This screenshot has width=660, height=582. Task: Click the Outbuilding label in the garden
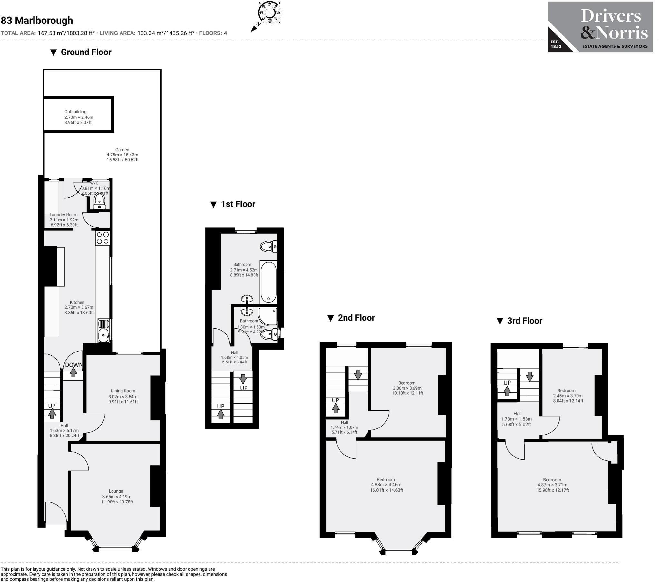coord(75,112)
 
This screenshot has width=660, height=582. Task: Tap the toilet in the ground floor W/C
coord(99,201)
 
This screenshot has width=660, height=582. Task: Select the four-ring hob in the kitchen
coord(103,238)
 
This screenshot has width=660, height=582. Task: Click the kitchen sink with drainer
coord(104,330)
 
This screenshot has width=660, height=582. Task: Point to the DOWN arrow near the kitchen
coord(73,372)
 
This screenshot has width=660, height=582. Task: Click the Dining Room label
coord(123,391)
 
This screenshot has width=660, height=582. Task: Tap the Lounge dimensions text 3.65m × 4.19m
coord(117,497)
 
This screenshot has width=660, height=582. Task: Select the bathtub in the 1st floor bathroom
coord(268,282)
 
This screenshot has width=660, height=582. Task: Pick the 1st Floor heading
coord(238,204)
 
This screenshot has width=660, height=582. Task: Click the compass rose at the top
coord(269,13)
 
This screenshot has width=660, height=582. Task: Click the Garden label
coord(122,150)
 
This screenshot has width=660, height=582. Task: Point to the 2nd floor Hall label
coord(344,422)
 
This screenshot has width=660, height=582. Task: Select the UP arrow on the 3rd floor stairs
coord(507,391)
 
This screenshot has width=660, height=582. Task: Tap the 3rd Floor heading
coord(524,321)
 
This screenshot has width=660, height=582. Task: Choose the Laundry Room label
coord(63,215)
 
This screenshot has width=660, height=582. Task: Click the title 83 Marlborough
coord(37,21)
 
